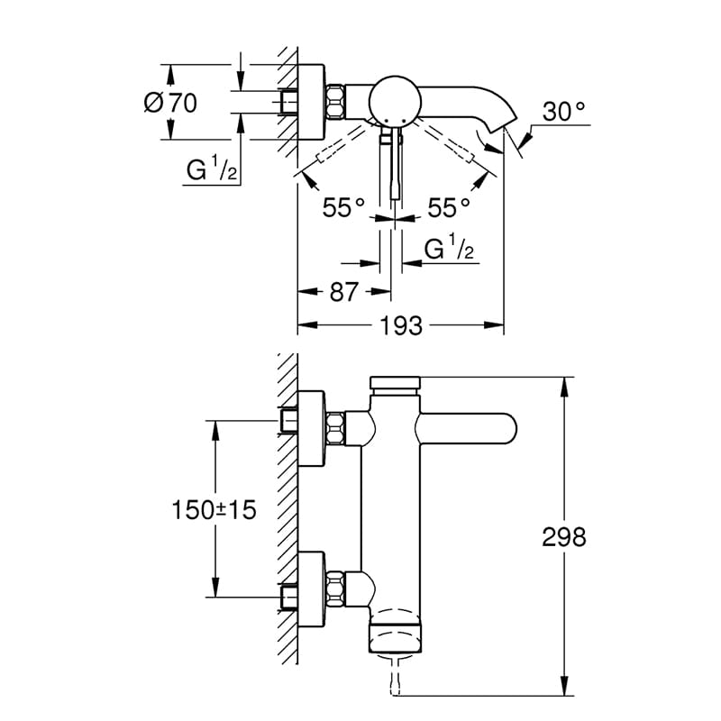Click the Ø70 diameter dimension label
pyautogui.click(x=170, y=102)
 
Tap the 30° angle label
pyautogui.click(x=564, y=111)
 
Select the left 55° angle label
pyautogui.click(x=343, y=207)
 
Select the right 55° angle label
pyautogui.click(x=449, y=207)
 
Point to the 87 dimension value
pyautogui.click(x=343, y=291)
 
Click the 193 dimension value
pyautogui.click(x=401, y=325)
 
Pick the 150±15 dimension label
pyautogui.click(x=214, y=509)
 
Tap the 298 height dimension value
pyautogui.click(x=564, y=536)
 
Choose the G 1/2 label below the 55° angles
pyautogui.click(x=449, y=249)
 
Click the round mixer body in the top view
pyautogui.click(x=395, y=100)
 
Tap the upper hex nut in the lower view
pyautogui.click(x=335, y=428)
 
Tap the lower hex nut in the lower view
pyautogui.click(x=335, y=588)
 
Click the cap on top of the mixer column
pyautogui.click(x=395, y=382)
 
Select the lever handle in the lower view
pyautogui.click(x=466, y=429)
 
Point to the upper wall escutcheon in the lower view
pyautogui.click(x=312, y=428)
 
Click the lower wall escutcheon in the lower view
pyautogui.click(x=312, y=589)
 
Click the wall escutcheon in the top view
pyautogui.click(x=312, y=101)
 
